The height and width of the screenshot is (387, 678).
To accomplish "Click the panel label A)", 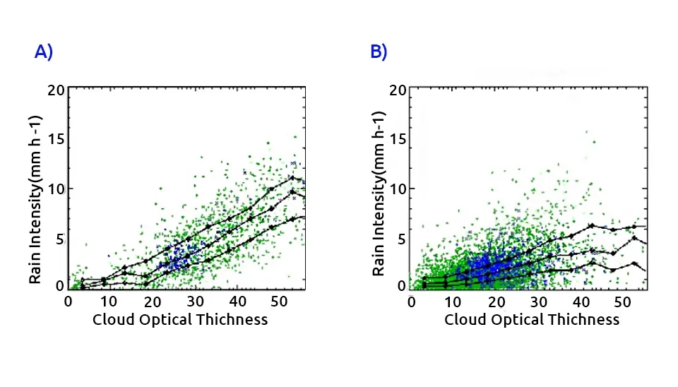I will pos(44,52).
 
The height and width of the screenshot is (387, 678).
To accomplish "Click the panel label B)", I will pos(379,52).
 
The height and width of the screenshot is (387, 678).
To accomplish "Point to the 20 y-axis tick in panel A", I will pos(56,90).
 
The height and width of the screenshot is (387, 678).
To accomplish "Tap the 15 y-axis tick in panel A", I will pos(56,138).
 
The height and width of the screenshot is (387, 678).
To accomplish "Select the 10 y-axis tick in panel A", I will pos(56,189).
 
